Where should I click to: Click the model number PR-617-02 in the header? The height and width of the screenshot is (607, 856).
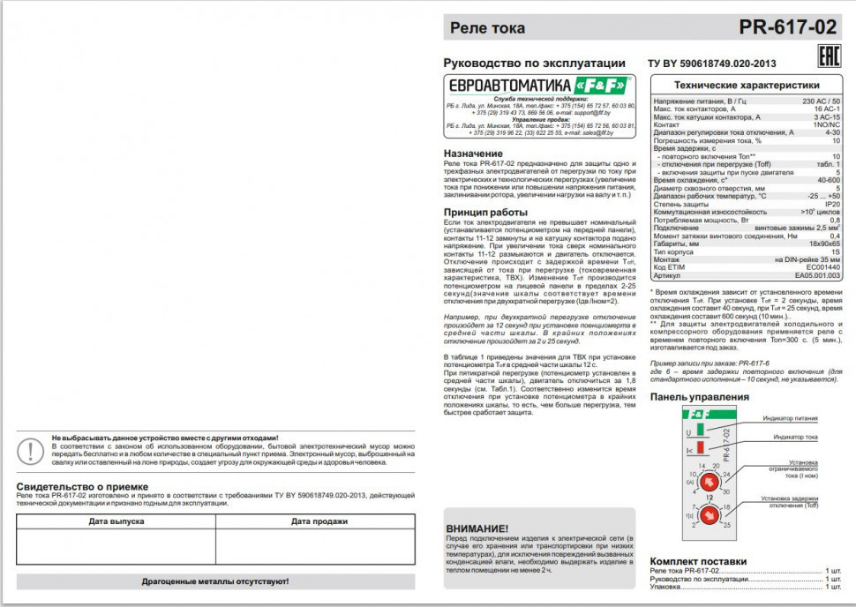788,27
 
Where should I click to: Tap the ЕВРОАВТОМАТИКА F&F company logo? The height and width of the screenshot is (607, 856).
539,85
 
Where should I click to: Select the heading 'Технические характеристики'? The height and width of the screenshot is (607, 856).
747,86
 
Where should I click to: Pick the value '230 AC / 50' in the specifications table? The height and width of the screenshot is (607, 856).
821,101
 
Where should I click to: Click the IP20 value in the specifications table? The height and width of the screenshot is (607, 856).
830,204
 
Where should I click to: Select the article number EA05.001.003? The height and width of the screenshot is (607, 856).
817,275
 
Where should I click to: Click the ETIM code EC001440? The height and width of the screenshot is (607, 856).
821,267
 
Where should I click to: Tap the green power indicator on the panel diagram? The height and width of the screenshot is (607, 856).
701,431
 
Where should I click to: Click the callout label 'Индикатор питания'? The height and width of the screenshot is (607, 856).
790,419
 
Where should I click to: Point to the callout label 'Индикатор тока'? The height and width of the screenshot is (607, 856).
795,437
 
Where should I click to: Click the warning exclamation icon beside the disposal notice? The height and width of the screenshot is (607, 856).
32,451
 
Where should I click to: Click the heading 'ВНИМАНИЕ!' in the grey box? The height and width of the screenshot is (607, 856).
477,528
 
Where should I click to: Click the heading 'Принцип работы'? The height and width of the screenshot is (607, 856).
485,212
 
